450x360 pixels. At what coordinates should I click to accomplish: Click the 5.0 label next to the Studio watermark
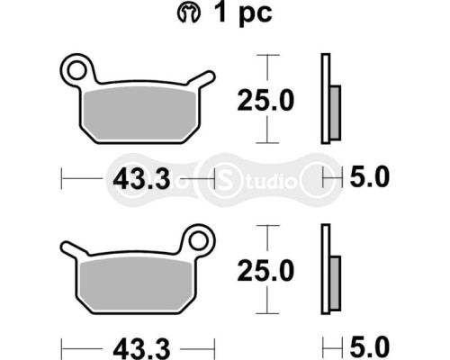click(x=368, y=178)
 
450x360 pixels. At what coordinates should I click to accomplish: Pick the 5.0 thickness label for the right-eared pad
click(x=368, y=346)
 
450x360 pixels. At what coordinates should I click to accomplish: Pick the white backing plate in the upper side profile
click(x=324, y=99)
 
